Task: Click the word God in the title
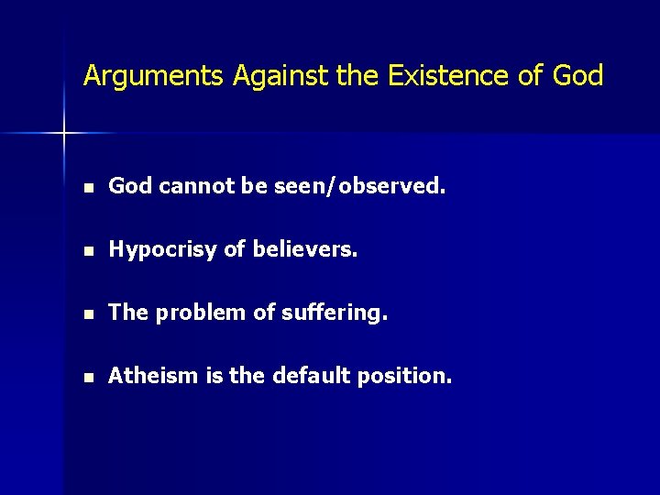[x=578, y=76]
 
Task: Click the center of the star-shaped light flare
[x=64, y=134]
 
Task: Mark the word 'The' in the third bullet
[x=128, y=313]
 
